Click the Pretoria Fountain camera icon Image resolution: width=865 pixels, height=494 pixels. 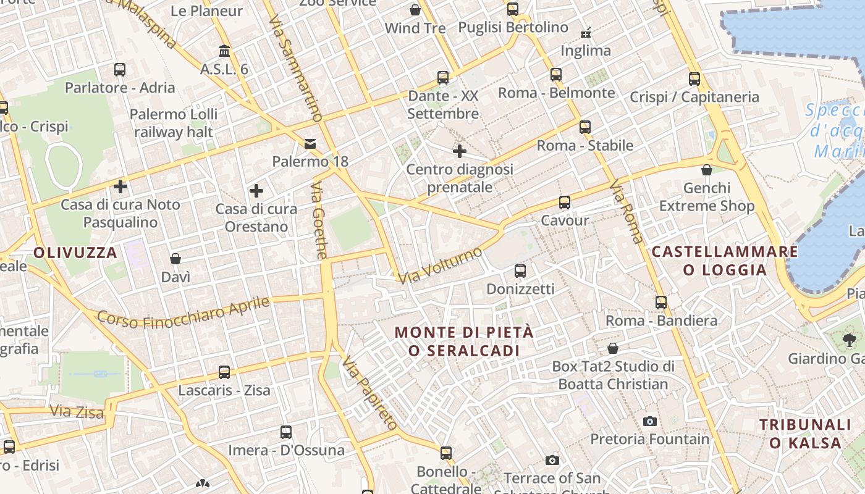[x=650, y=421]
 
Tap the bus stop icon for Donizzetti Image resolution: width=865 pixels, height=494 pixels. [x=520, y=270]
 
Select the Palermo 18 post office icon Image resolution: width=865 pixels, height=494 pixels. [x=310, y=144]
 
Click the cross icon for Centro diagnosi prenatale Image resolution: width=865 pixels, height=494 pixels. [x=459, y=151]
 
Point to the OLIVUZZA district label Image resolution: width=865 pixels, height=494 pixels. [x=75, y=253]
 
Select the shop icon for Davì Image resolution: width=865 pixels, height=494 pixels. [x=175, y=258]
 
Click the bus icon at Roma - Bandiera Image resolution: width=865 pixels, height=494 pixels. [x=661, y=302]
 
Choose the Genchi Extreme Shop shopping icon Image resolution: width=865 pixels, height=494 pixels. [x=707, y=169]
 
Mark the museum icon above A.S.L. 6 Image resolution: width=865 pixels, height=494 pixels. [x=224, y=51]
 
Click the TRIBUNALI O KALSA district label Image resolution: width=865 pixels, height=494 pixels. [x=805, y=433]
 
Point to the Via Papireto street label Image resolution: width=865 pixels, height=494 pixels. [x=369, y=393]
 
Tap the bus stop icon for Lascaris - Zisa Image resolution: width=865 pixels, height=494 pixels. [x=224, y=372]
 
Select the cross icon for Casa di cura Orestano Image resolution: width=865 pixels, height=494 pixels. [x=256, y=190]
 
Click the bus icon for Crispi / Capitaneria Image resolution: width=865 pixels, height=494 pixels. [x=694, y=78]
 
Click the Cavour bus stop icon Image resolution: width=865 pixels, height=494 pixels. [x=565, y=202]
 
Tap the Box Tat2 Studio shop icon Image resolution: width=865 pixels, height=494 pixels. [x=613, y=348]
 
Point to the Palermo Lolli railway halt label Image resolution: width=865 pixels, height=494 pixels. [x=174, y=123]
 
